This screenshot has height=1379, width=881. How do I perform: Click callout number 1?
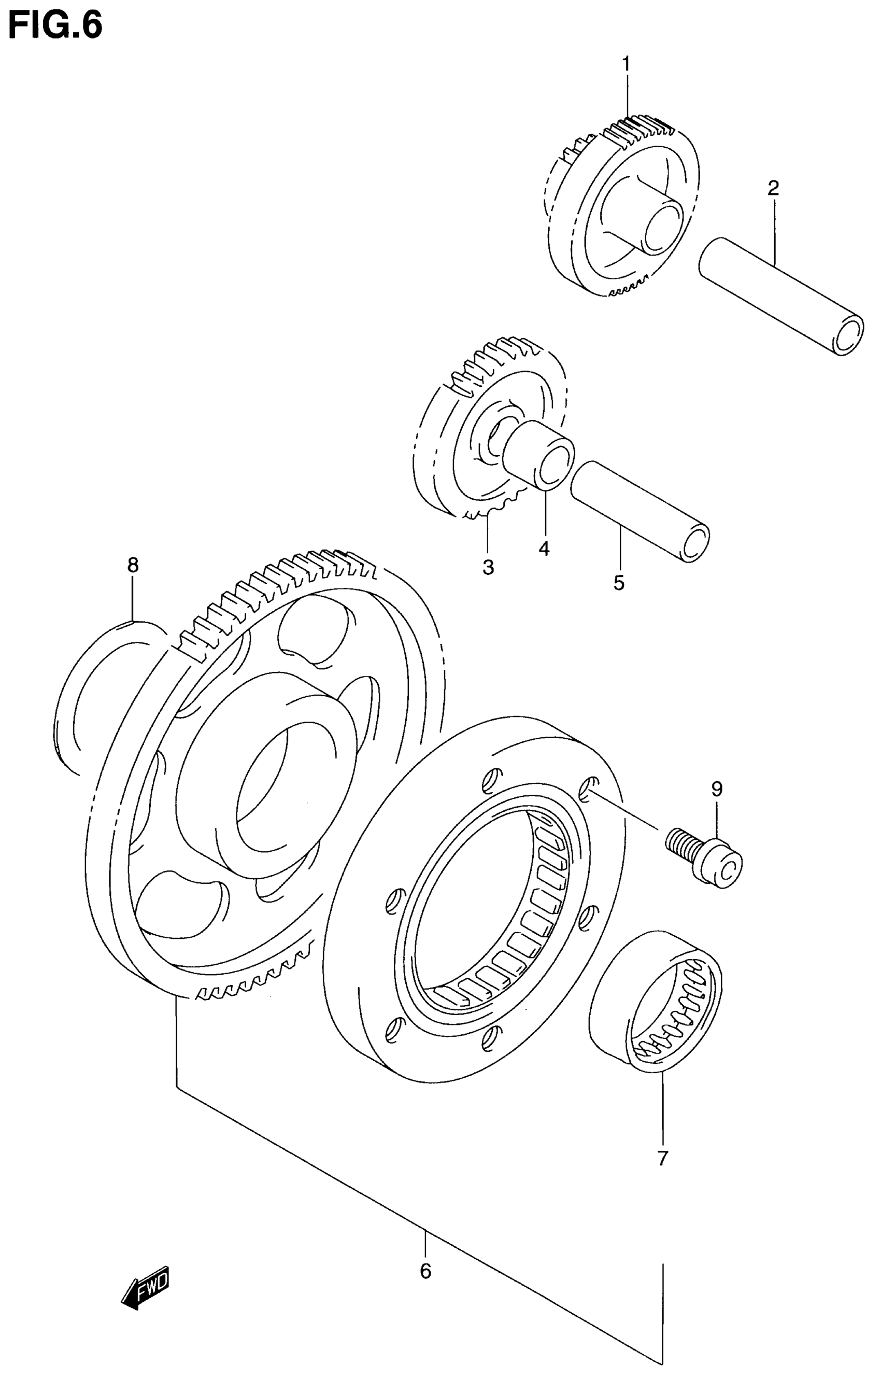point(626,64)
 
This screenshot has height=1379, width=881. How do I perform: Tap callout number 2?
point(773,188)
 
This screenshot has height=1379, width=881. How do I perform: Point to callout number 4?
point(544,548)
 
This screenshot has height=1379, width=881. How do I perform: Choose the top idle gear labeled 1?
point(624,206)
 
